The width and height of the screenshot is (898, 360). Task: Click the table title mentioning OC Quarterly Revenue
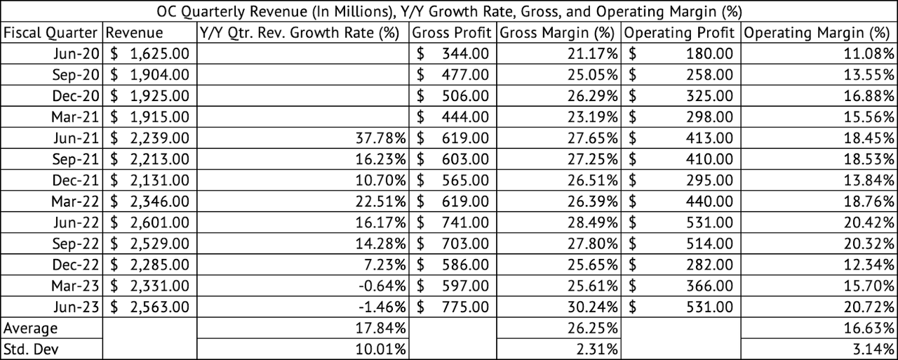tap(449, 11)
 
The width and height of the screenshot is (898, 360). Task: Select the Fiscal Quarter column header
tap(52, 32)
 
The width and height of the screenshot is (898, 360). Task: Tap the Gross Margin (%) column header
tap(558, 32)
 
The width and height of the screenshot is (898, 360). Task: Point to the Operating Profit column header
tap(679, 32)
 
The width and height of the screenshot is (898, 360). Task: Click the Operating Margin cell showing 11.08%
tap(870, 53)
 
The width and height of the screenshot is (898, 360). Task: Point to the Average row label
tap(31, 328)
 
